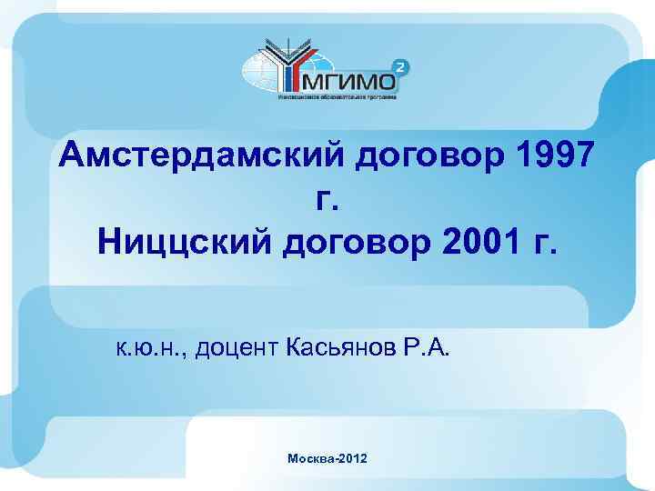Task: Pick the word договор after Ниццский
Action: pos(345,243)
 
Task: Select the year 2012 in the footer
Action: pos(353,461)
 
